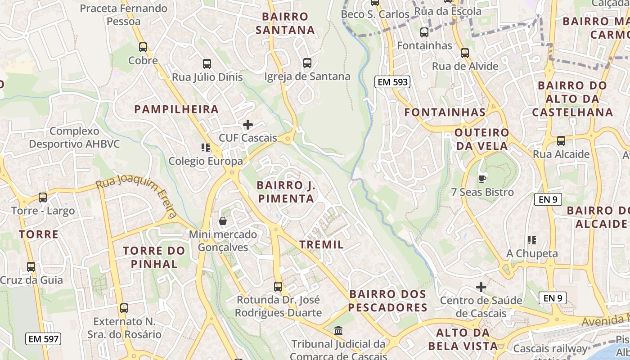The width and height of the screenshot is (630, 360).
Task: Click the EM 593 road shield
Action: point(392,82)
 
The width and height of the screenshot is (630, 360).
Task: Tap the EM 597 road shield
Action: point(43,339)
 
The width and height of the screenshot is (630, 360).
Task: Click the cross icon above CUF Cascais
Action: point(248,125)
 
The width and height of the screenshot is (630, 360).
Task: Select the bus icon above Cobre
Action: point(143,47)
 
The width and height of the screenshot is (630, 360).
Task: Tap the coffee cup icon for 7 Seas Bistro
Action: point(482,179)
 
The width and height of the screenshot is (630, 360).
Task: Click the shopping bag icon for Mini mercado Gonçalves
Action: point(222,221)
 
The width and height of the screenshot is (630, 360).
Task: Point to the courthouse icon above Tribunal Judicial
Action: point(338,331)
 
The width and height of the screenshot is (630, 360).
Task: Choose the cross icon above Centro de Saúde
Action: point(481,287)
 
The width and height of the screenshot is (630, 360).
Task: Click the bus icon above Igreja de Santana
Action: point(307,63)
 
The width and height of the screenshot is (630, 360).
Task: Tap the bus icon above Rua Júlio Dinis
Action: point(207,64)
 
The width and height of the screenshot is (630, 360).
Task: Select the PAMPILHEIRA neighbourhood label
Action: point(176,109)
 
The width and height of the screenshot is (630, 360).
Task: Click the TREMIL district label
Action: point(322,245)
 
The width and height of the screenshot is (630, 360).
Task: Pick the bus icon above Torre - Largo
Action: point(43,197)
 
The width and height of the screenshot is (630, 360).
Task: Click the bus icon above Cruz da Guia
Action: point(31,267)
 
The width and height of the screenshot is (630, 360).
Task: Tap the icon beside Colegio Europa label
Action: point(206,148)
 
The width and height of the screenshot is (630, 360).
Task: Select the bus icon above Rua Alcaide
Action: point(561,141)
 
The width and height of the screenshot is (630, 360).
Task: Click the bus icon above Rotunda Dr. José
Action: point(278,286)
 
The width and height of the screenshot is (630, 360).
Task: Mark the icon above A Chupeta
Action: point(532,240)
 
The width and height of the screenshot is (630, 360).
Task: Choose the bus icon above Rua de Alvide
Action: point(465,53)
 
